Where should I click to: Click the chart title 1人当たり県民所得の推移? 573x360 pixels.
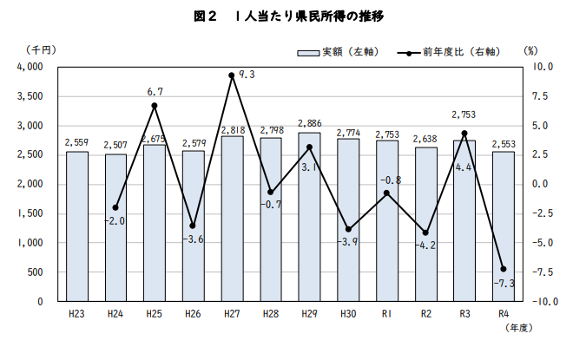(286, 16)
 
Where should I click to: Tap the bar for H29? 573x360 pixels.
(310, 217)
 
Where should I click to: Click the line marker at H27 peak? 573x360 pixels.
(232, 75)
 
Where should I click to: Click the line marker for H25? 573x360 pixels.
(155, 106)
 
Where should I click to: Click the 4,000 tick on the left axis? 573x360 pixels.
(30, 67)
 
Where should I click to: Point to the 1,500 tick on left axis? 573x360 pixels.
(30, 213)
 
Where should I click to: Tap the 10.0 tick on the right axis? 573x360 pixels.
(543, 67)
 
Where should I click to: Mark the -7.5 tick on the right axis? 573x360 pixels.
(543, 272)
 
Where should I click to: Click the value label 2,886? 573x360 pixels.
(310, 125)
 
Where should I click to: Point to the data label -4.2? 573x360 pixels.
(426, 245)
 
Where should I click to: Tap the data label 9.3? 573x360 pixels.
(246, 75)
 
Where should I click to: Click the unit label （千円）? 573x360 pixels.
(41, 49)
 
